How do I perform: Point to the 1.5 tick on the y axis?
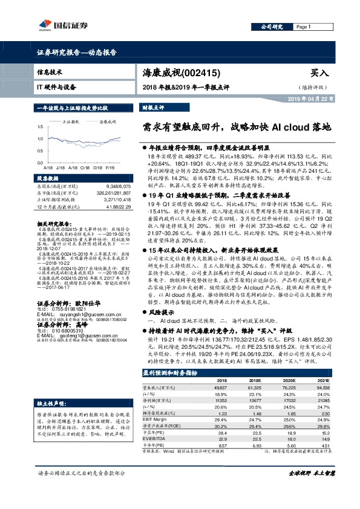point(39,127)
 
